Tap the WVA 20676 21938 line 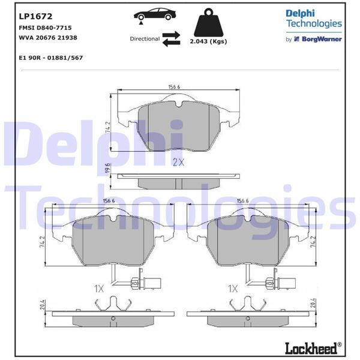[48, 37]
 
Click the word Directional [145, 39]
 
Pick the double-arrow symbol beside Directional [171, 39]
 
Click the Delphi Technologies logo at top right [313, 19]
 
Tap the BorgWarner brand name [322, 39]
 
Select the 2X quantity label [178, 162]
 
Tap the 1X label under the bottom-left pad [99, 289]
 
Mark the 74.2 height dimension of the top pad [108, 128]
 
